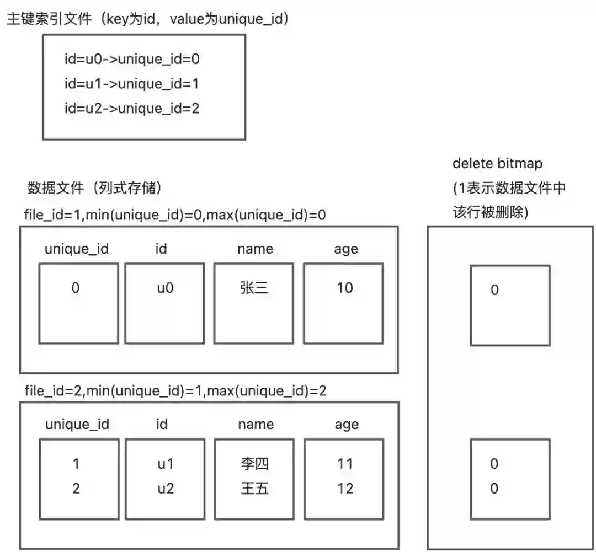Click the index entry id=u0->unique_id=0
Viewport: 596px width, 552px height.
131,59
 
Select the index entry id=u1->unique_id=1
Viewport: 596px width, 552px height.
131,84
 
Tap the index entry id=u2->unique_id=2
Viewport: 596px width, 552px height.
131,108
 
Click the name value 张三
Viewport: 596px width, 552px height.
254,287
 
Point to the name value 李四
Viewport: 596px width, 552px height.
254,464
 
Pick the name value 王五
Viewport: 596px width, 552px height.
254,488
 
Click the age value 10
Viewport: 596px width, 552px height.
345,287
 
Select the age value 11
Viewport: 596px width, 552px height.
345,464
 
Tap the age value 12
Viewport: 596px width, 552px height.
345,488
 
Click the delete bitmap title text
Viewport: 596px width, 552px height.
497,164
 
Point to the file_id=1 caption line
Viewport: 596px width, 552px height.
175,214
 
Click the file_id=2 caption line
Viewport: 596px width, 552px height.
175,391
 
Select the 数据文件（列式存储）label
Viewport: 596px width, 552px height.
94,189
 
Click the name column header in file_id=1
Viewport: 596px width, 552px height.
255,249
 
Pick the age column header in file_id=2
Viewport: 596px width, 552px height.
347,424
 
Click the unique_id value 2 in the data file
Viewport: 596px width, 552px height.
76,488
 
